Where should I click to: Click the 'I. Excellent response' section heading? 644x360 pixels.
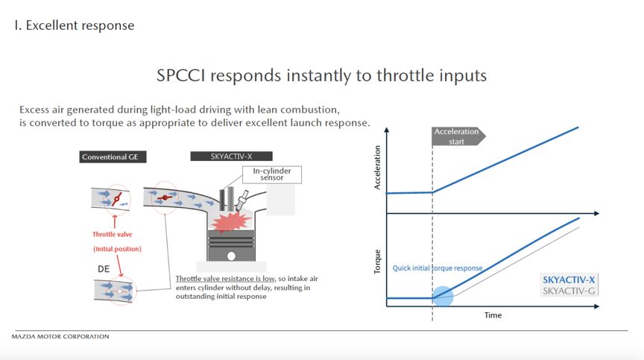point(75,25)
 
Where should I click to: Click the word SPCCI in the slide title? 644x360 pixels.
point(180,75)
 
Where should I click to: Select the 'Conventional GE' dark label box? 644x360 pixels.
point(113,157)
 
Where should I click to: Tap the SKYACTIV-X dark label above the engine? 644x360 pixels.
point(231,157)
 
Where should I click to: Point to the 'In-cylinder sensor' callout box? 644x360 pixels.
point(272,174)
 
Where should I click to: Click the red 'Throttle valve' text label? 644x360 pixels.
point(112,234)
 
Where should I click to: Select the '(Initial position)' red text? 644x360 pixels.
point(117,249)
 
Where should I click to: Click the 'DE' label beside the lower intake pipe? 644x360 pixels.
point(104,269)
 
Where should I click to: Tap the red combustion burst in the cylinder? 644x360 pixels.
point(230,222)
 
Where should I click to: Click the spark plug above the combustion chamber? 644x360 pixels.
point(242,200)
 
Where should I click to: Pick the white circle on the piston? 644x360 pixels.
point(231,256)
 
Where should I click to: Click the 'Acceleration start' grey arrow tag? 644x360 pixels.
point(458,136)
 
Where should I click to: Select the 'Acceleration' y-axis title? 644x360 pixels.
point(377,168)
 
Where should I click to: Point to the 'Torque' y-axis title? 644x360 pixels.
point(377,262)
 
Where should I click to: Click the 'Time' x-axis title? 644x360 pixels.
point(493,315)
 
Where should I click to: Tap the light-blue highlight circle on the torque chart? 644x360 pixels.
point(443,297)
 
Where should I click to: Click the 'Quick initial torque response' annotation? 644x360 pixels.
point(438,268)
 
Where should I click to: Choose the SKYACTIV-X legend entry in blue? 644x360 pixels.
point(569,280)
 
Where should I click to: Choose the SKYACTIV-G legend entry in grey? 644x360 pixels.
point(569,291)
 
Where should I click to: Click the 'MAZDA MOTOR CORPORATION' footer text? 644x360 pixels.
point(60,337)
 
